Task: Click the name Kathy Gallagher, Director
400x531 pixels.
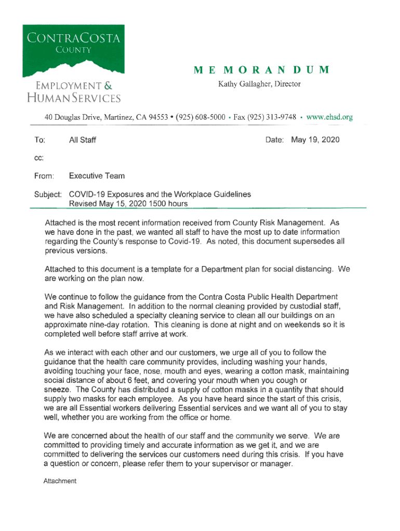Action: click(259, 84)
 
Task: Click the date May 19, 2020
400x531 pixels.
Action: click(315, 140)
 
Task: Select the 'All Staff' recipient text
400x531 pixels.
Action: click(83, 140)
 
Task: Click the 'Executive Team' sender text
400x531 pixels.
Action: click(97, 176)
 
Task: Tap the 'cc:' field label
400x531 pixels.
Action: click(39, 158)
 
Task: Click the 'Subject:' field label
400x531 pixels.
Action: click(48, 194)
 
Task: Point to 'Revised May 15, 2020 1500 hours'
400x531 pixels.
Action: click(128, 204)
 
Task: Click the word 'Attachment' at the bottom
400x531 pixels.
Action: click(60, 481)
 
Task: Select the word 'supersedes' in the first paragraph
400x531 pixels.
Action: click(314, 242)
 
